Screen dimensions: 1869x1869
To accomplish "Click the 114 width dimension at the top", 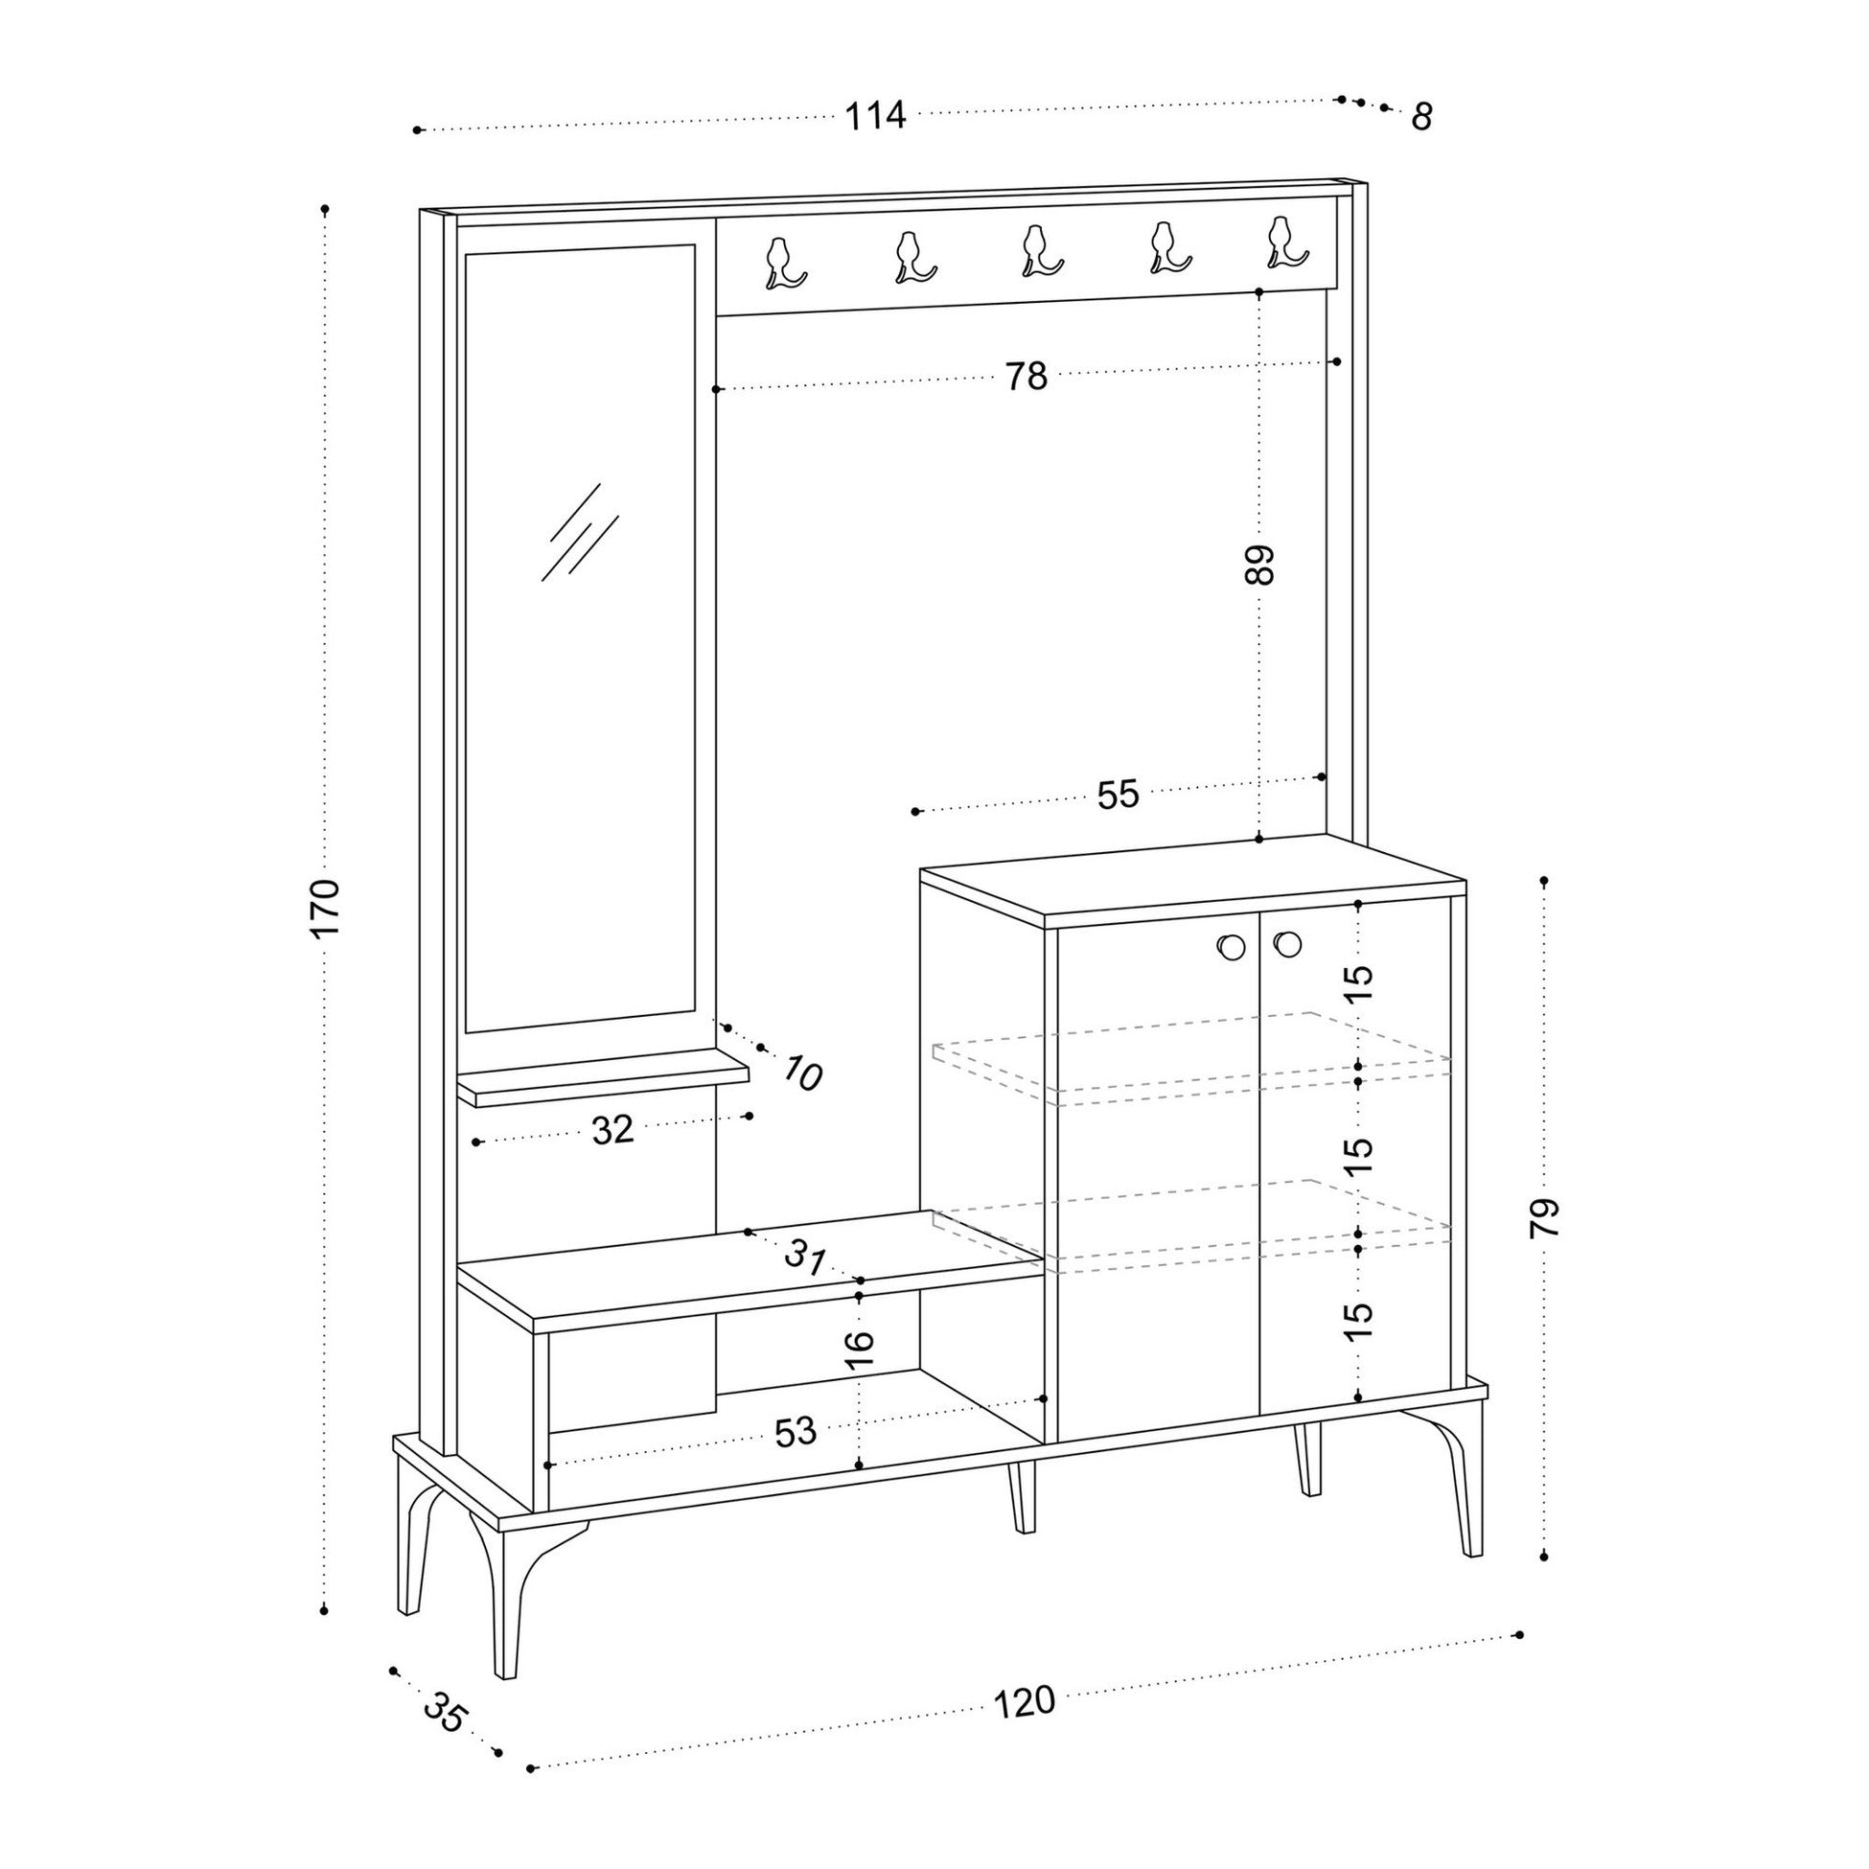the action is click(875, 116).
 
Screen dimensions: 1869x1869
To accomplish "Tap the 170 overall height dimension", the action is click(327, 907).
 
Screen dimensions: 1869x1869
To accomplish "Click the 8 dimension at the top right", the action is click(1420, 117).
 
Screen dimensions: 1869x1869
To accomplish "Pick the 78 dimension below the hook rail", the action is click(1026, 377).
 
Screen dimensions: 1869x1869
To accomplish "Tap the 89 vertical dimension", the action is click(1259, 565).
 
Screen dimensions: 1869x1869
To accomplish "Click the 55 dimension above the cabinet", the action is click(1119, 796).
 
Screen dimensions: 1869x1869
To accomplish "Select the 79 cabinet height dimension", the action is click(1545, 1218).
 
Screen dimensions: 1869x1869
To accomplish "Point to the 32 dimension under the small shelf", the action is click(612, 1129).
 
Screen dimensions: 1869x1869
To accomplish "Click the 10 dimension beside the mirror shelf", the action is click(802, 1073).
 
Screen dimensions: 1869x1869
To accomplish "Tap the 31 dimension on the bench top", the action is click(805, 1258).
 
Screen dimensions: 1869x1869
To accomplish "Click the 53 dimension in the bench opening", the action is click(796, 1432).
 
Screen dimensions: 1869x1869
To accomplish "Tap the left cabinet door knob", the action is click(1232, 947).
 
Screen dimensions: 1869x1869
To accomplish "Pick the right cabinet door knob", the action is click(1287, 943).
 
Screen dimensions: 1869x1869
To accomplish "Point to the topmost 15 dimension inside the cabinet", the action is click(1359, 981).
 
